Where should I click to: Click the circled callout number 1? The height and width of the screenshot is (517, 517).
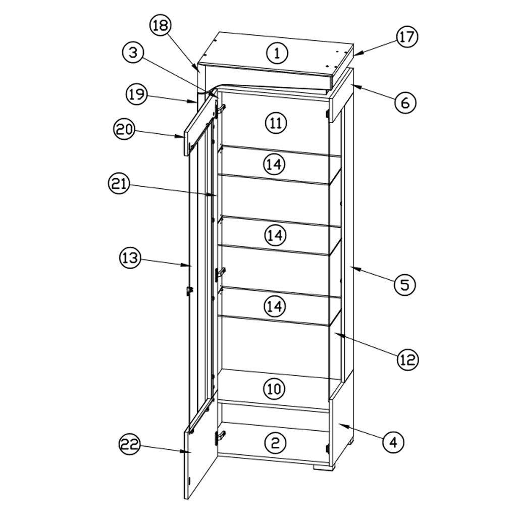[277, 53]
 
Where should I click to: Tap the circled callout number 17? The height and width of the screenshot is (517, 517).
[407, 36]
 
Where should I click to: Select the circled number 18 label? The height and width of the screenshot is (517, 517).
[161, 25]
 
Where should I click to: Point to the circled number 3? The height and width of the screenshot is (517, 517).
[133, 53]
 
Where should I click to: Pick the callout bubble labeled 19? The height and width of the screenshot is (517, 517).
[137, 94]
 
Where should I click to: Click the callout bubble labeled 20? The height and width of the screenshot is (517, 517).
[124, 129]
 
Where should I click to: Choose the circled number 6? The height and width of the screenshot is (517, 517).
[405, 102]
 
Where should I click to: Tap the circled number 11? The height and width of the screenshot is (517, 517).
[276, 123]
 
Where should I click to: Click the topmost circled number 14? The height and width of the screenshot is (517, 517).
[274, 164]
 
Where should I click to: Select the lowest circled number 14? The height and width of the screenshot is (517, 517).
[275, 306]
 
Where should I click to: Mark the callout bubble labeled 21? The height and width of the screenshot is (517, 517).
[119, 183]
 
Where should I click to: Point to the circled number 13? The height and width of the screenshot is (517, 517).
[130, 257]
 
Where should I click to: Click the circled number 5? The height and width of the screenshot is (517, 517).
[405, 285]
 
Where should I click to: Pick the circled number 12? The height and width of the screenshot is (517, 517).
[408, 359]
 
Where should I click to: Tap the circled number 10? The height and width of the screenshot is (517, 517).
[274, 389]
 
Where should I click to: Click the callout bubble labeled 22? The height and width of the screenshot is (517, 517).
[130, 445]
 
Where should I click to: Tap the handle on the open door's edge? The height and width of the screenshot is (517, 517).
[190, 291]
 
